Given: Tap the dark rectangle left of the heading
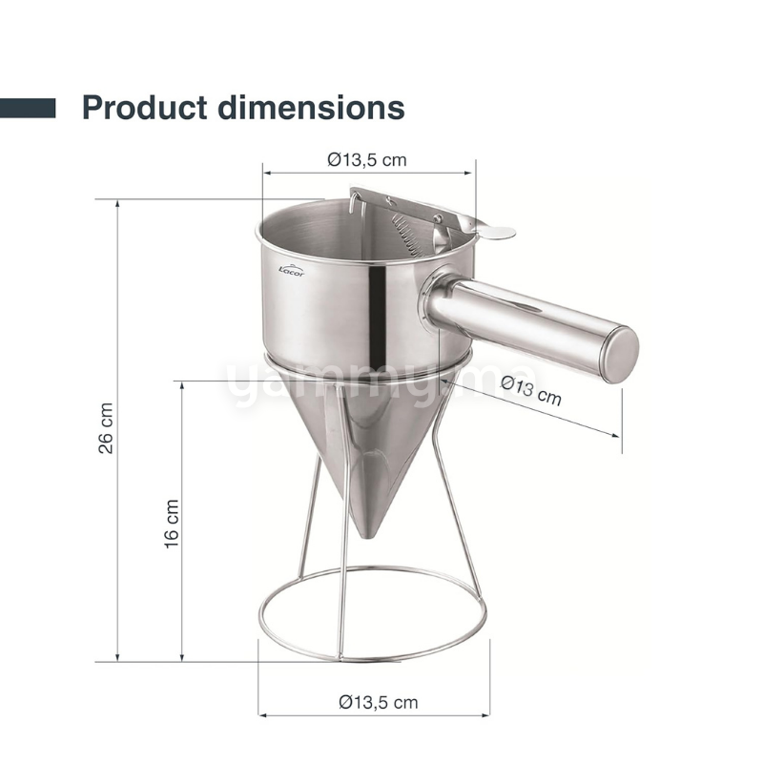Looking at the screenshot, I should [x=28, y=107].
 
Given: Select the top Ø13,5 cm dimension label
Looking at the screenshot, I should [x=367, y=160].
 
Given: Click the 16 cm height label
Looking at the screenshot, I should [x=172, y=523].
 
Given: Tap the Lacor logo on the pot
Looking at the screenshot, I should [x=290, y=270].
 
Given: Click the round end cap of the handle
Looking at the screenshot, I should [x=621, y=354].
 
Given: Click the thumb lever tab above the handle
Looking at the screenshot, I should [x=496, y=231].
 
